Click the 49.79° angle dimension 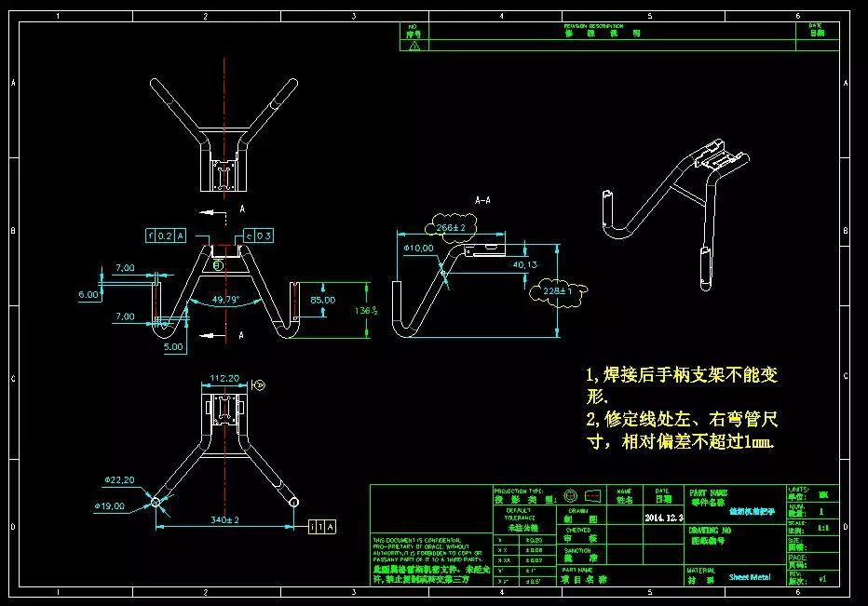[x=224, y=300]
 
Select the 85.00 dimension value [x=323, y=301]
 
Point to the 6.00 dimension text [x=88, y=294]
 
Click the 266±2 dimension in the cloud [x=450, y=227]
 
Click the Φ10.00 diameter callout [x=418, y=249]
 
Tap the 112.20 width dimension [x=224, y=378]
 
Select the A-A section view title [x=483, y=200]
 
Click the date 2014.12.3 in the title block [x=663, y=517]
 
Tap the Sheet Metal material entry [x=750, y=577]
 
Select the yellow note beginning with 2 [x=681, y=431]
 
